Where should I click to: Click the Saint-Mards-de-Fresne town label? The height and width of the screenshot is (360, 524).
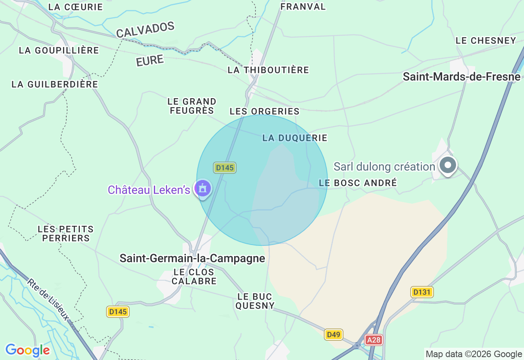click(461, 76)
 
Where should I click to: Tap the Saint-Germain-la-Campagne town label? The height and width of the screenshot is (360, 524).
click(192, 259)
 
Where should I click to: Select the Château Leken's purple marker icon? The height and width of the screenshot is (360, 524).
click(203, 189)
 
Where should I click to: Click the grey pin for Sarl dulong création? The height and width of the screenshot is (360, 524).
click(448, 165)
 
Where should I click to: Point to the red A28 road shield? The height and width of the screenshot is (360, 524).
click(373, 340)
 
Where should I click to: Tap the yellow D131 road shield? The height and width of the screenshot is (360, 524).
click(422, 292)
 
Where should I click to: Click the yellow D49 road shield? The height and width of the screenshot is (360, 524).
click(334, 335)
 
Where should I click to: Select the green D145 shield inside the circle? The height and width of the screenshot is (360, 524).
click(225, 168)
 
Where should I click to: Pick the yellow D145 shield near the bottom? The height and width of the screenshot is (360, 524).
click(118, 312)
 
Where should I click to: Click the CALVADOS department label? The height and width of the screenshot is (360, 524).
click(145, 30)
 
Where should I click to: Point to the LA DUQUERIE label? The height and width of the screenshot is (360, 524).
click(295, 138)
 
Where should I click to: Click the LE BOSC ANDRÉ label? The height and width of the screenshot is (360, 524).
click(358, 183)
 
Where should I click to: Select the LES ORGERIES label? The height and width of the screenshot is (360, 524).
click(264, 111)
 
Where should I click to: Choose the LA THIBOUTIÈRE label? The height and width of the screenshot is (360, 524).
click(268, 70)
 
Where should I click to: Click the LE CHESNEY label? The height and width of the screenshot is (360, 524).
click(486, 40)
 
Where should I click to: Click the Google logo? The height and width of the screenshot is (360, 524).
click(27, 350)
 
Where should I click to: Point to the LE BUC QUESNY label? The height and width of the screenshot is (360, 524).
click(255, 301)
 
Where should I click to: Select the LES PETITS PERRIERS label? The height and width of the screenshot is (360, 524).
click(65, 234)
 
